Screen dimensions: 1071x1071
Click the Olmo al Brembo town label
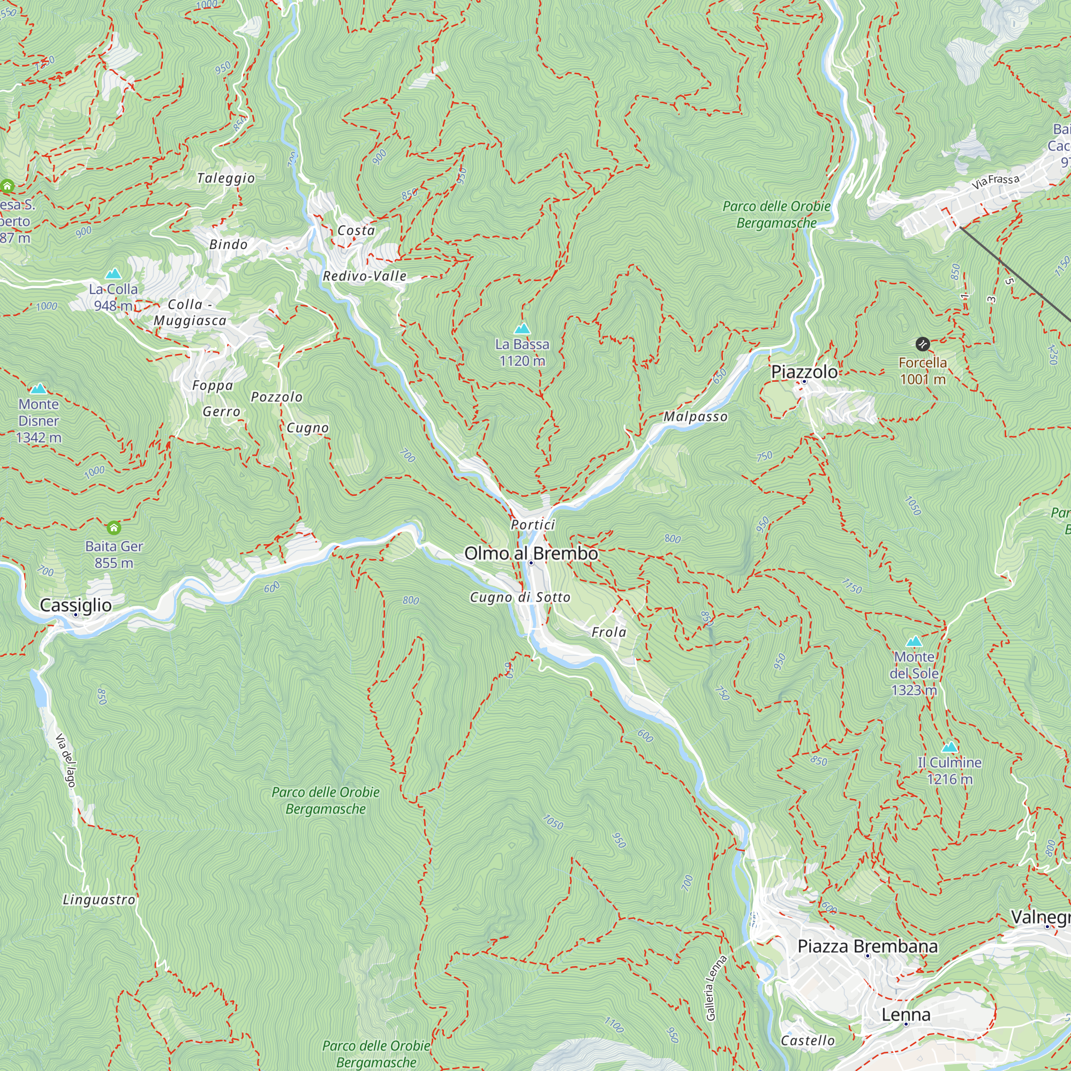tap(531, 553)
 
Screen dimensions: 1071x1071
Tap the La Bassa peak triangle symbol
tap(522, 329)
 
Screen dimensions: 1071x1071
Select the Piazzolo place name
tap(804, 372)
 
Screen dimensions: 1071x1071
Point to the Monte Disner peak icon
tap(38, 389)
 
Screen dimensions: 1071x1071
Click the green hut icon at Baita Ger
tap(114, 526)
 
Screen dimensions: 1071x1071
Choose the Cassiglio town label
tap(76, 605)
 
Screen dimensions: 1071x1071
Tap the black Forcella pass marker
tap(923, 344)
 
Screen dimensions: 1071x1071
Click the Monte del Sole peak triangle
tap(914, 642)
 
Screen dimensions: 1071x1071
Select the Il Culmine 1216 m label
tap(949, 771)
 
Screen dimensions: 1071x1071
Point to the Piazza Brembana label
tap(868, 946)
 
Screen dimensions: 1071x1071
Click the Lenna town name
tap(906, 1015)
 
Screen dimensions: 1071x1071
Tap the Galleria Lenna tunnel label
tap(715, 988)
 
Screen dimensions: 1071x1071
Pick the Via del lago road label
tap(65, 760)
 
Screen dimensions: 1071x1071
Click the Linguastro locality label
tap(99, 900)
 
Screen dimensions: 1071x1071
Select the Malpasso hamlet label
tap(695, 417)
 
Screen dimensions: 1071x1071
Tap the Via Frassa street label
tap(995, 182)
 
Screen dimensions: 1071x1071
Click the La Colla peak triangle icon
tap(113, 274)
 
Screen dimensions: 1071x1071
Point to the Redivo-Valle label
tap(365, 276)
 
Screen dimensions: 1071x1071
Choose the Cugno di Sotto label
tap(520, 598)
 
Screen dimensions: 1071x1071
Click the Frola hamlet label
tap(609, 632)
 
